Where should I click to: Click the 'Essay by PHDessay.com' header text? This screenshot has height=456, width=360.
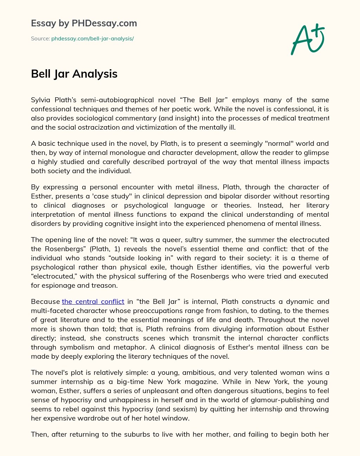click(84, 24)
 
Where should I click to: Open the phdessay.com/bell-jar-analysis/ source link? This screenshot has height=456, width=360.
click(92, 39)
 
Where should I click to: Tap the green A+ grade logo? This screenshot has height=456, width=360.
click(307, 39)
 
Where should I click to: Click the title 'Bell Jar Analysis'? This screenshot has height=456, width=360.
click(74, 74)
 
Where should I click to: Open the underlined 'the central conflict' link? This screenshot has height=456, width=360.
click(93, 301)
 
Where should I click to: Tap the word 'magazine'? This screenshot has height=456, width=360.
click(197, 382)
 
